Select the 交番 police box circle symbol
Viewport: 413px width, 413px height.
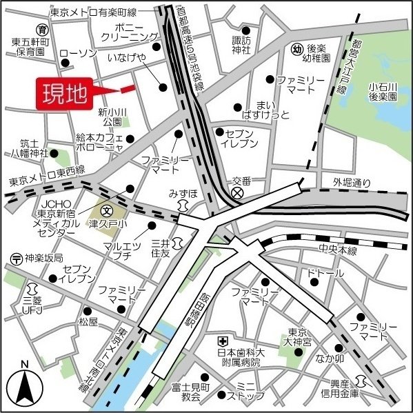pyautogui.click(x=238, y=194)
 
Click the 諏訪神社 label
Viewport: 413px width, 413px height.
pyautogui.click(x=241, y=46)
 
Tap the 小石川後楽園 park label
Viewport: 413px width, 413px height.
pyautogui.click(x=383, y=92)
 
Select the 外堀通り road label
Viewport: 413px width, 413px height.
pyautogui.click(x=352, y=183)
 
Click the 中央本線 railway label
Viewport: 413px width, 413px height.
pyautogui.click(x=337, y=251)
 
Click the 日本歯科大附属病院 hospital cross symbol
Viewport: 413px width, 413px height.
pyautogui.click(x=223, y=341)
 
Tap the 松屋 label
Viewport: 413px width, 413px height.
pyautogui.click(x=88, y=322)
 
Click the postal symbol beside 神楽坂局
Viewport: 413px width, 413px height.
pyautogui.click(x=15, y=259)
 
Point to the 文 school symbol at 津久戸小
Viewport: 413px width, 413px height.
pyautogui.click(x=107, y=210)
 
